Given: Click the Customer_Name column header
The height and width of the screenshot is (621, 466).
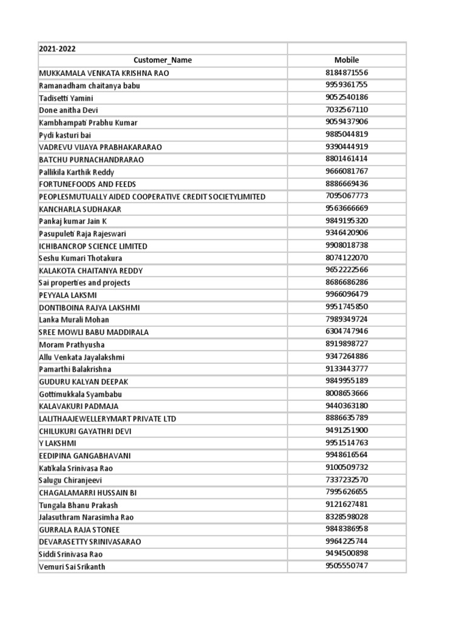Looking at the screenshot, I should (162, 61).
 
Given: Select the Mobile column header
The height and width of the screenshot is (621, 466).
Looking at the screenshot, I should (346, 60).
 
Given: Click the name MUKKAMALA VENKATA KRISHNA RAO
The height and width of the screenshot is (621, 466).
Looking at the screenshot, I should (104, 73).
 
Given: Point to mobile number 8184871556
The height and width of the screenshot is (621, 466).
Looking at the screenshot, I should (346, 73).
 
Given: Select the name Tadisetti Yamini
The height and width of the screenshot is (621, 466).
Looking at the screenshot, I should (66, 98).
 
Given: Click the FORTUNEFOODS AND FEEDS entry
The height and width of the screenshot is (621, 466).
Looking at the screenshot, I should (87, 184).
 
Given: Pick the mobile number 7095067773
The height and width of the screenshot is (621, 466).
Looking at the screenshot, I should (346, 196).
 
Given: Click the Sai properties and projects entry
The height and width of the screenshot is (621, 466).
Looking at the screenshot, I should (84, 283).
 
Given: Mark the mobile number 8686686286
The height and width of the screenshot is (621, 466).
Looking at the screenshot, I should (346, 283).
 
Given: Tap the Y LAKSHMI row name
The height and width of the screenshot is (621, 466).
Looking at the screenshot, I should (58, 443).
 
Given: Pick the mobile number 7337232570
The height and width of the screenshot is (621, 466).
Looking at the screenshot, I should (346, 480).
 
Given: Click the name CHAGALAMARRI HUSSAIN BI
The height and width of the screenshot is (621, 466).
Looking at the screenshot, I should (88, 493).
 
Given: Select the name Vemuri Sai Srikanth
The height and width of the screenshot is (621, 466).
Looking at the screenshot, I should (76, 567).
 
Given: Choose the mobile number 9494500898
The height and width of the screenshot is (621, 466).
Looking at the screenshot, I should (346, 554).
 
